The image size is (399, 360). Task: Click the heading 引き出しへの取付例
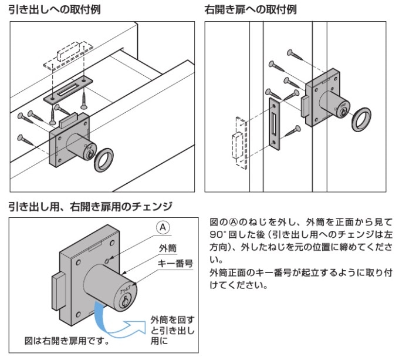point(52,10)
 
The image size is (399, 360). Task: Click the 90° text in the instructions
point(217,233)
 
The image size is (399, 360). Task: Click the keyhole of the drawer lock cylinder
point(89,154)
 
